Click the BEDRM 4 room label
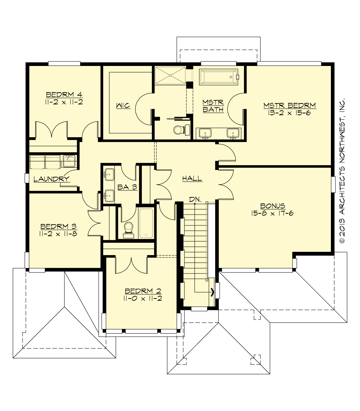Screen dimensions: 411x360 click(64, 95)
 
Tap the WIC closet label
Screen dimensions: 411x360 click(123, 106)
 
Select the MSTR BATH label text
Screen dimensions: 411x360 click(213, 106)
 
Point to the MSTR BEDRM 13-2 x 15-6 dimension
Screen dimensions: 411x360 click(289, 113)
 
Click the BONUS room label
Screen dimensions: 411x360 click(272, 206)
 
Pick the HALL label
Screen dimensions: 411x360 click(192, 179)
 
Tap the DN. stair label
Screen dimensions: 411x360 click(195, 199)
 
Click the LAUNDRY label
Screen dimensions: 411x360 click(51, 179)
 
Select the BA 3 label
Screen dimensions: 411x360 click(127, 187)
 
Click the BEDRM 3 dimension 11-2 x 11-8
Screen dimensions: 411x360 click(58, 234)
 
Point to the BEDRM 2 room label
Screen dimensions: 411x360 click(143, 291)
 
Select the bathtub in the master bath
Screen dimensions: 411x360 click(218, 77)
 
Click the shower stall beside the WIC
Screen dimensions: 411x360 click(170, 76)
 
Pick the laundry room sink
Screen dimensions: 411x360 click(69, 161)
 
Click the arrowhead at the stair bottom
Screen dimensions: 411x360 click(213, 292)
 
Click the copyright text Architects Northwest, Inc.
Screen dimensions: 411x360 click(342, 171)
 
